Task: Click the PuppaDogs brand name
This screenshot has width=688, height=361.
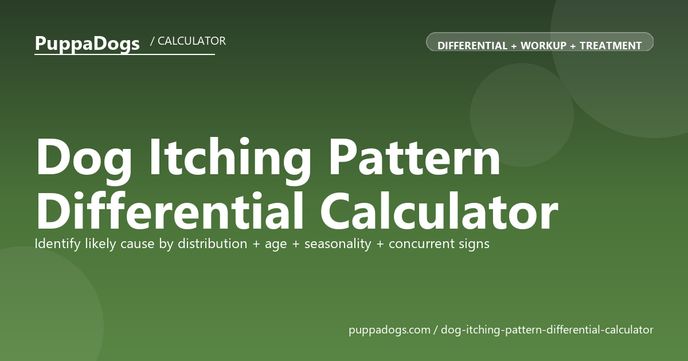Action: tap(87, 44)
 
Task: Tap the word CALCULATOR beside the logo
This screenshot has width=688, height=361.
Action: tap(191, 41)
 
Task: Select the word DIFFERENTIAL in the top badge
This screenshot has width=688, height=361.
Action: tap(472, 46)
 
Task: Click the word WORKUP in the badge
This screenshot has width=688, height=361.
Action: tap(544, 46)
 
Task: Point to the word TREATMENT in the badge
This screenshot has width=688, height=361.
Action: tap(611, 46)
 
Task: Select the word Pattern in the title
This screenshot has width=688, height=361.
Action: tap(415, 158)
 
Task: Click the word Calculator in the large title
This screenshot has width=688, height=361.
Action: tap(439, 211)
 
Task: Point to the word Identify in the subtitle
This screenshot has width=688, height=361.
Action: tap(57, 244)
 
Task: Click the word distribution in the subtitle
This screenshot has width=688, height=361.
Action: tap(213, 244)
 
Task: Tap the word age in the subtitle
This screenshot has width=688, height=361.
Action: tap(276, 245)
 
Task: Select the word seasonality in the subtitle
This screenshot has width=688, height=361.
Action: tap(338, 244)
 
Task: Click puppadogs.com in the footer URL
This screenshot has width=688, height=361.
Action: tap(389, 330)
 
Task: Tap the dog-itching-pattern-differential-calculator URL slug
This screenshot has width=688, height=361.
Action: tap(547, 330)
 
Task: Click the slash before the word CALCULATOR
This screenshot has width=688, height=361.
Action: tap(152, 41)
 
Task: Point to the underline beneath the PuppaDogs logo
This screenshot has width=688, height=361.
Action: tap(125, 54)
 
